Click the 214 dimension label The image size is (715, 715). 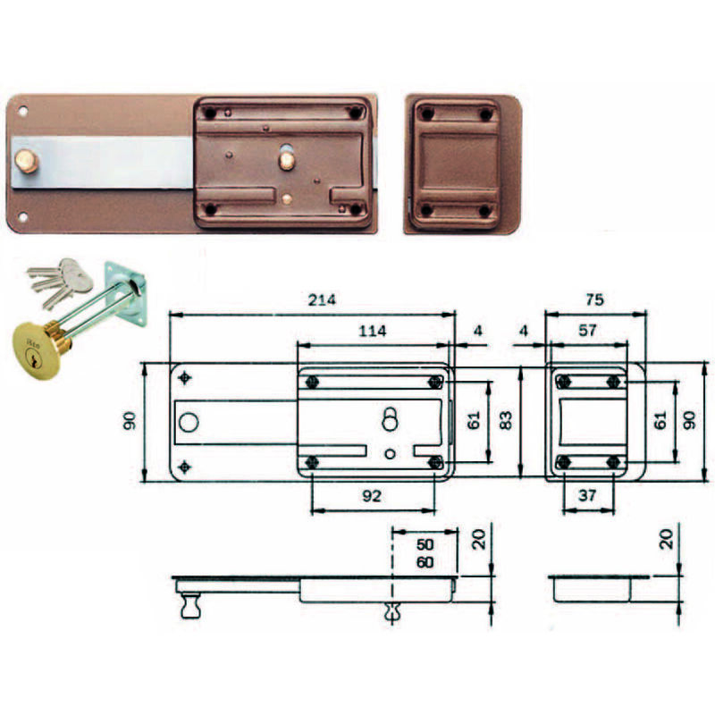click(x=322, y=299)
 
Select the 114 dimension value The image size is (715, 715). click(x=372, y=331)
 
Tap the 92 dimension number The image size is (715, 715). click(x=372, y=496)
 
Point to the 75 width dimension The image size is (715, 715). click(x=594, y=299)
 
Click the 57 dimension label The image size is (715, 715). click(x=587, y=330)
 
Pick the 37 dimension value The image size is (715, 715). click(x=587, y=495)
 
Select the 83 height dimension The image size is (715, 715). click(x=506, y=420)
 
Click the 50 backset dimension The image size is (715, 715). click(x=425, y=544)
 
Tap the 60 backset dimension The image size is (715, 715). click(x=425, y=562)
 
